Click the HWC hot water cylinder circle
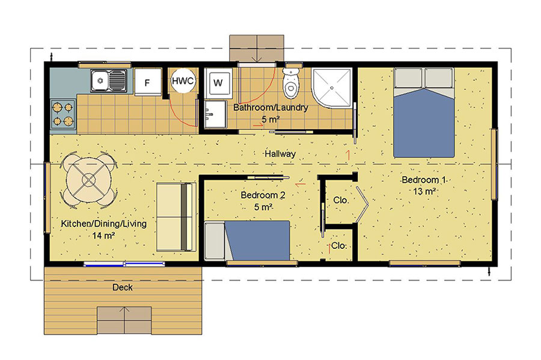pos(183,81)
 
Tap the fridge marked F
pos(148,82)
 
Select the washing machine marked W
pos(218,82)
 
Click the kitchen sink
pos(109,81)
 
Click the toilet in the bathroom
pos(290,82)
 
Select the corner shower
pos(332,88)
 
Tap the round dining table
pos(89,180)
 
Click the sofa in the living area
pos(176,216)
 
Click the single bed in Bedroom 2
pos(247,240)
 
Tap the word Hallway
pos(280,154)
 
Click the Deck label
pos(123,287)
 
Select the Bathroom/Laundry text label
pos(271,107)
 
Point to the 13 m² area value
pos(424,191)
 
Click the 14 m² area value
pos(103,236)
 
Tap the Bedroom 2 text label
pos(263,195)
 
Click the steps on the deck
pos(124,320)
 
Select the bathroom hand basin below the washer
pos(215,114)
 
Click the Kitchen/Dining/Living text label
pos(104,224)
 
